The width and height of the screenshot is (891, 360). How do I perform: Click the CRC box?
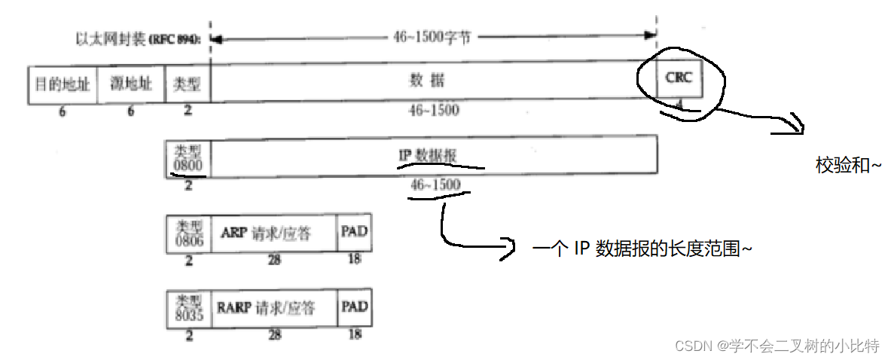[679, 78]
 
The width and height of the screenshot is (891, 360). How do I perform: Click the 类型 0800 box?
[188, 157]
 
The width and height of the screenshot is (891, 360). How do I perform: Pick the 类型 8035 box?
[188, 307]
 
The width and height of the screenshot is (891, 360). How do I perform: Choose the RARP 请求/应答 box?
[275, 307]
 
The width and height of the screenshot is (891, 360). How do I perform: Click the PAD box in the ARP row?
[354, 233]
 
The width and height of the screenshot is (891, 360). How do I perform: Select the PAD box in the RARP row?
[354, 307]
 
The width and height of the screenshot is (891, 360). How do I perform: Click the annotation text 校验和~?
[848, 165]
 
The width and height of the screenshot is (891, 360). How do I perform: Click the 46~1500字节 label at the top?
[432, 37]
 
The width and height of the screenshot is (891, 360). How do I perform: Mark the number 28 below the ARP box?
[274, 259]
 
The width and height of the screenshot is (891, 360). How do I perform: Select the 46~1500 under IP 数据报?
[435, 184]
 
